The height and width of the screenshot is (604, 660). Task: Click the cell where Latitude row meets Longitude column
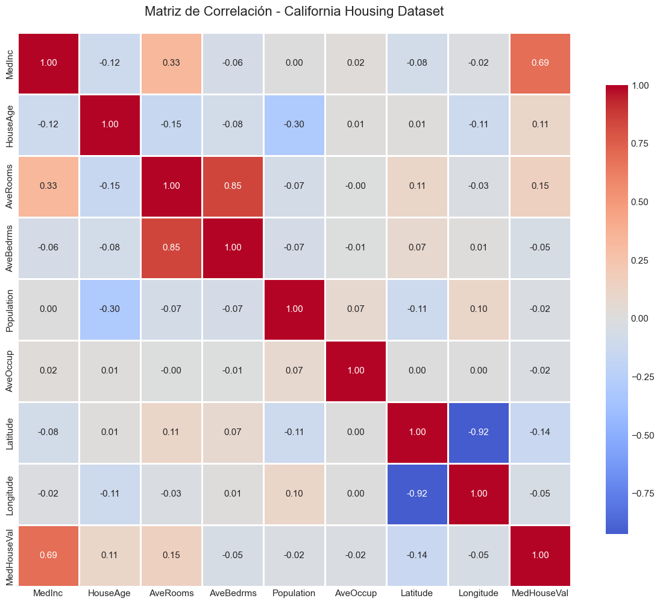point(479,432)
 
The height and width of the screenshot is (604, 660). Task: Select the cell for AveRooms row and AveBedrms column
point(233,186)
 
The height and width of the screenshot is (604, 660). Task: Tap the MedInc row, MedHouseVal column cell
point(540,63)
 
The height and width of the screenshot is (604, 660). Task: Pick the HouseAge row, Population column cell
point(294,124)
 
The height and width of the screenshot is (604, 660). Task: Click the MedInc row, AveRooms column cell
point(171,63)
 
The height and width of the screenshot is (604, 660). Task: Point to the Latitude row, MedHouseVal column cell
point(540,432)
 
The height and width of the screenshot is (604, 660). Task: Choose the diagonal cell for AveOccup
point(356,370)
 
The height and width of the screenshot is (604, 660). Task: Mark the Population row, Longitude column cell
point(479,309)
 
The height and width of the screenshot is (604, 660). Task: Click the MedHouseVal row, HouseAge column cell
point(110,555)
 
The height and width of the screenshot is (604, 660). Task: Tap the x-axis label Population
point(294,593)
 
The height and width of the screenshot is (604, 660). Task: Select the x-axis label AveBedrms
point(233,593)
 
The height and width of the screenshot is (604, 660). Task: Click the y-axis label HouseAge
point(9,124)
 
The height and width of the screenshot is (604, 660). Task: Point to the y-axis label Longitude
point(9,494)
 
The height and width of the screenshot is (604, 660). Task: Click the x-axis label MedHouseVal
point(540,593)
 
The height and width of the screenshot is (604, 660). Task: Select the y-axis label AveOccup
point(9,370)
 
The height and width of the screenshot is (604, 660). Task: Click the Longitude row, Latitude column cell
point(417,494)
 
